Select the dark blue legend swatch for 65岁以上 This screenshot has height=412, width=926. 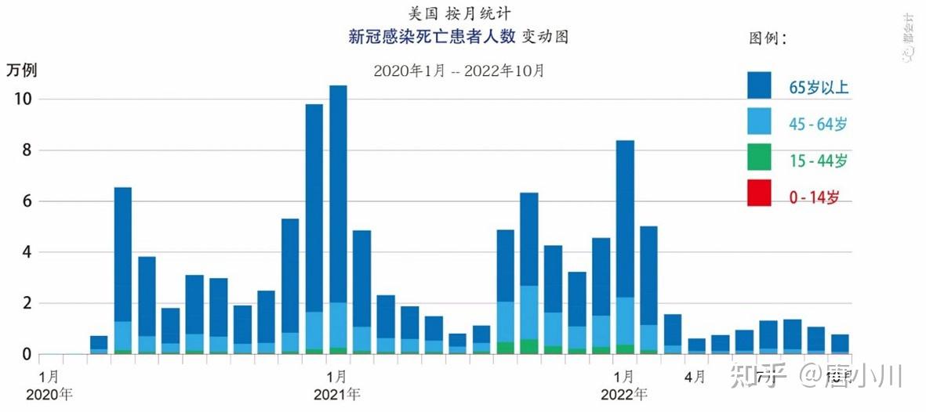click(x=759, y=85)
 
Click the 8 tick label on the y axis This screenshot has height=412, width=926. click(x=25, y=150)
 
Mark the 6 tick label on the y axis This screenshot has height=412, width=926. click(x=25, y=201)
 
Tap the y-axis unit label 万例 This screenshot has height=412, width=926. click(x=22, y=69)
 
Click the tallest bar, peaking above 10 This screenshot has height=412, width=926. click(x=338, y=219)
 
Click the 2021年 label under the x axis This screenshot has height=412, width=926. click(x=337, y=394)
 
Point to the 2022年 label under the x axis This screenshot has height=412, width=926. click(x=624, y=394)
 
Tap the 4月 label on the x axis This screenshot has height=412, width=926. click(x=695, y=377)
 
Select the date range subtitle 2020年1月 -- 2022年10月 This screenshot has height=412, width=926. click(x=459, y=70)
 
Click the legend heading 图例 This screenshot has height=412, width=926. click(x=768, y=38)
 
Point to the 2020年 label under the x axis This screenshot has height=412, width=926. click(x=49, y=394)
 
